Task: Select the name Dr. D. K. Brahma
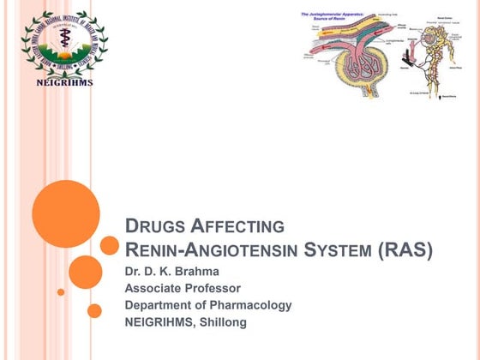(x=172, y=272)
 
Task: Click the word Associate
(x=155, y=288)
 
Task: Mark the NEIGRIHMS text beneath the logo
(x=65, y=83)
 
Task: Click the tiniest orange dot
(x=61, y=291)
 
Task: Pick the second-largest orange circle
(x=86, y=272)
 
